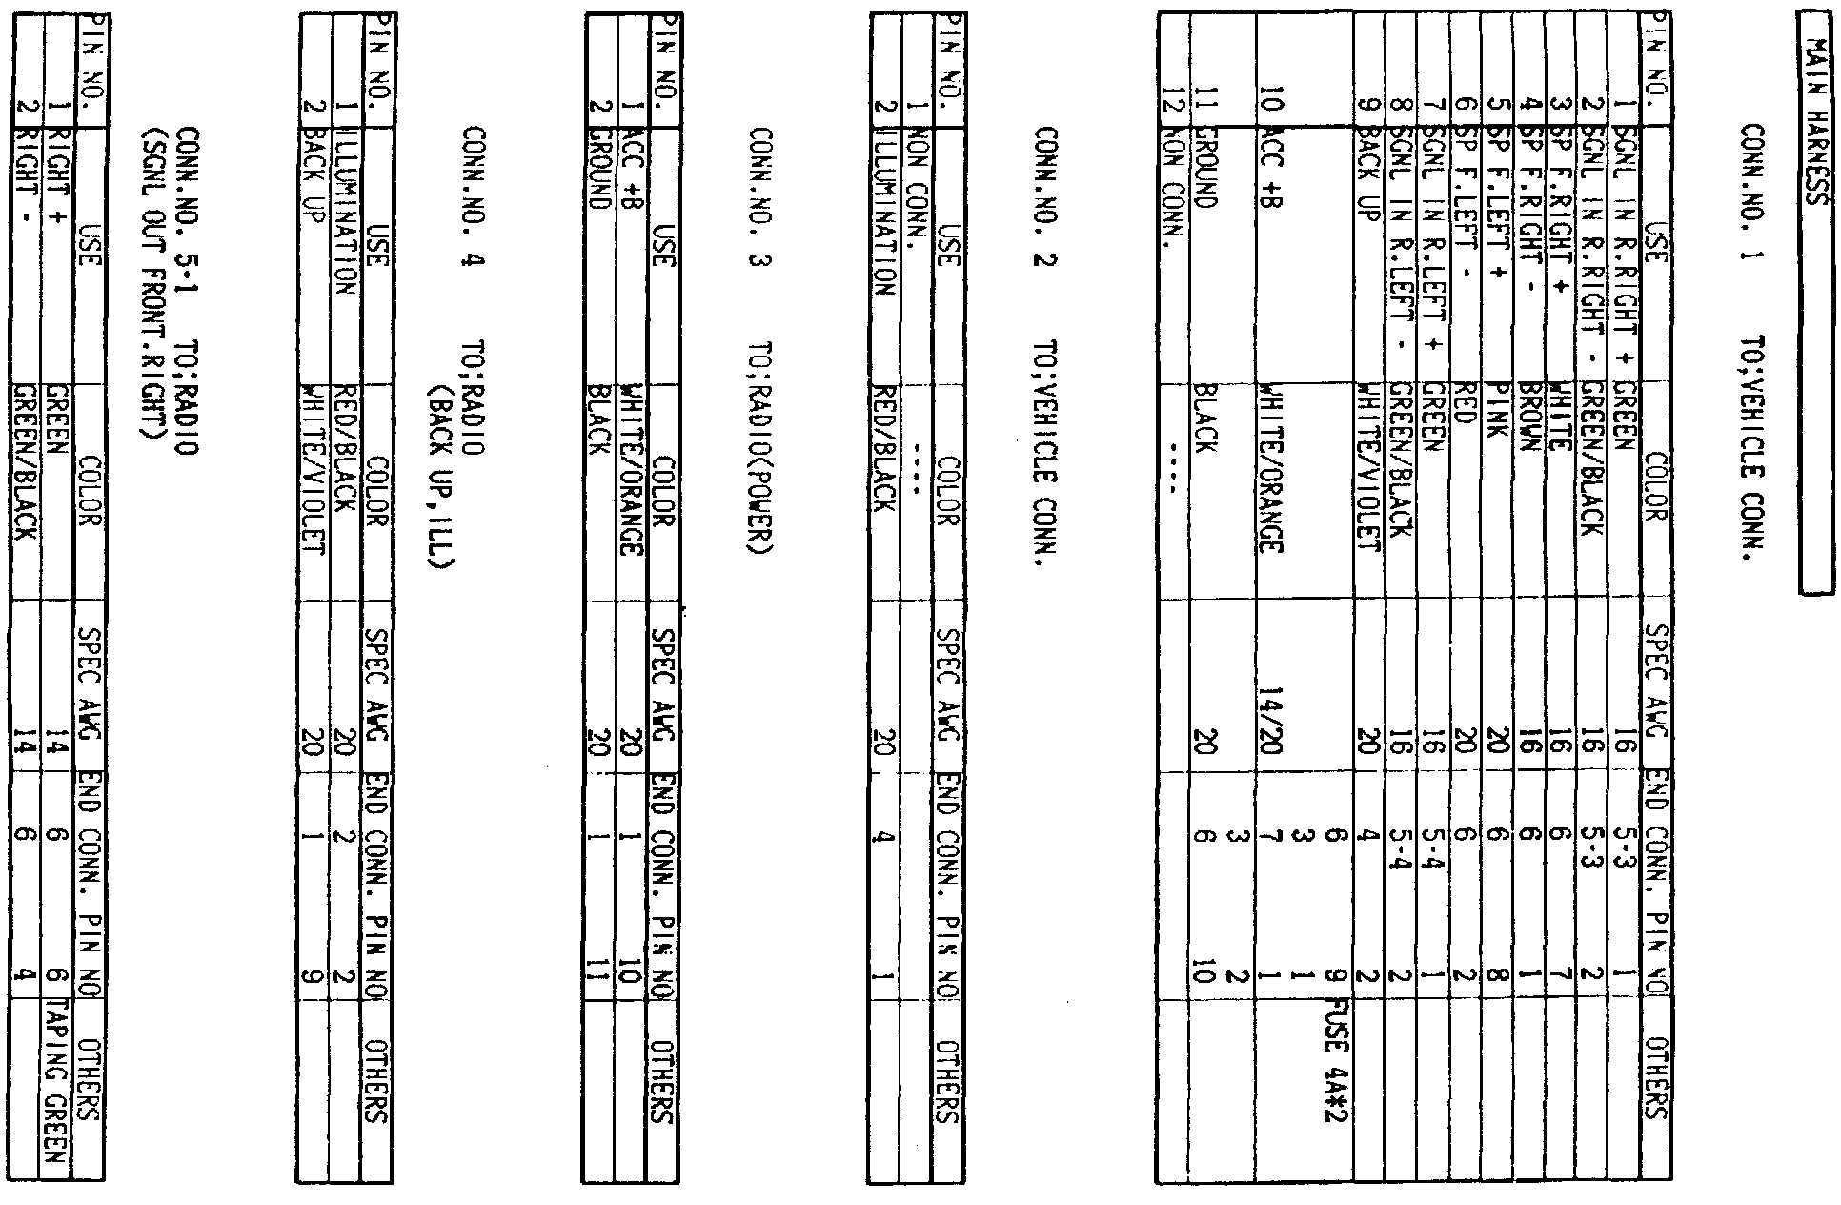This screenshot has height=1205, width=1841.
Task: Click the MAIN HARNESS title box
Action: pos(1816,316)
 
